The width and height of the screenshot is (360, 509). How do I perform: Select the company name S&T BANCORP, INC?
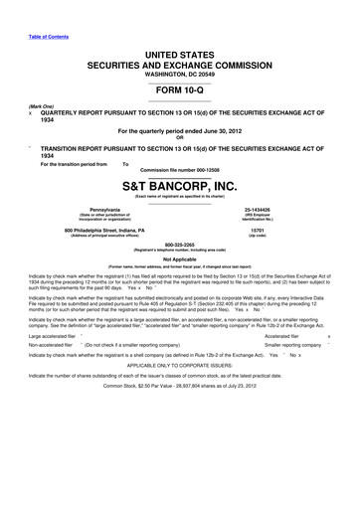click(180, 186)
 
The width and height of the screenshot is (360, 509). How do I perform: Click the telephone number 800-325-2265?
click(180, 244)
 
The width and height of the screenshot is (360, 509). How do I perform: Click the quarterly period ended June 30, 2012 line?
click(180, 130)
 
